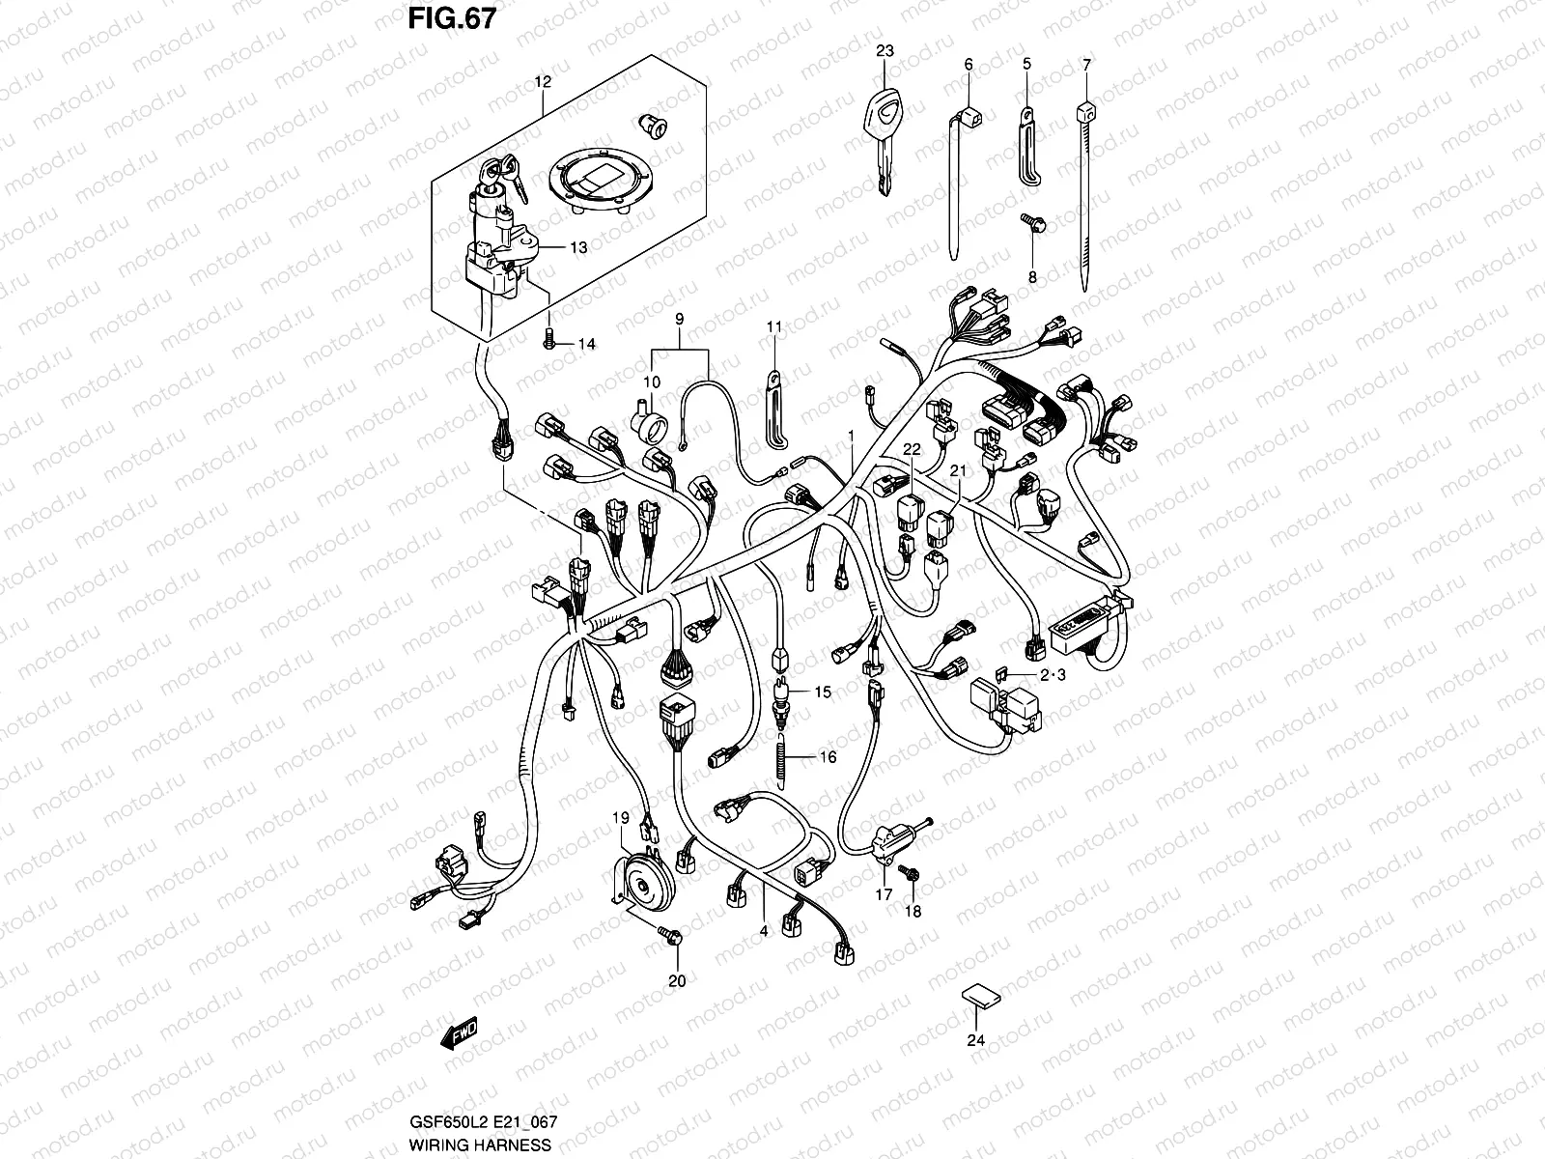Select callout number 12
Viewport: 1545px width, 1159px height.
tap(542, 82)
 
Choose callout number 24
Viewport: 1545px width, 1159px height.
tap(975, 1040)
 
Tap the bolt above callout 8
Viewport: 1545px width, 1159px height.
tap(1029, 223)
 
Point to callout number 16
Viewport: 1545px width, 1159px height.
tap(828, 757)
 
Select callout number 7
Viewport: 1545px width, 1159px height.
tap(1087, 65)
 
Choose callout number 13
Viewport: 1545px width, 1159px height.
tap(577, 248)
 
